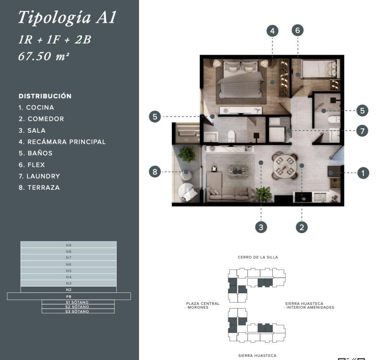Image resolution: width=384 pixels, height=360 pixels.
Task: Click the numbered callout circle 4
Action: tap(272, 31)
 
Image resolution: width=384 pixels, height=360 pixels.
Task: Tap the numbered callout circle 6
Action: tap(297, 30)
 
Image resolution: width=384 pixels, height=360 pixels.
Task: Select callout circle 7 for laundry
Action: tap(362, 131)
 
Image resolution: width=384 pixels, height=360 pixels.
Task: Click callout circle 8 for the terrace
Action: tap(155, 171)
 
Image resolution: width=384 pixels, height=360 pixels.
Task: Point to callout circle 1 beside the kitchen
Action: tap(363, 173)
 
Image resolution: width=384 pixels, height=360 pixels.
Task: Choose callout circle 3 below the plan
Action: tap(261, 227)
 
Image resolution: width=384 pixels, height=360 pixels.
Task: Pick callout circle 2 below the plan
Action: tap(302, 227)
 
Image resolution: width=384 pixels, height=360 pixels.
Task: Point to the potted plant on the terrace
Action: tap(186, 154)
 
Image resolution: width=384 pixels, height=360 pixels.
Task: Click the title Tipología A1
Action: tap(67, 17)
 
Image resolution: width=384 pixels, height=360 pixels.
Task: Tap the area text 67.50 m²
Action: tap(43, 56)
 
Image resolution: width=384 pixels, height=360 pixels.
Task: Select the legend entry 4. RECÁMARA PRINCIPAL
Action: tap(62, 142)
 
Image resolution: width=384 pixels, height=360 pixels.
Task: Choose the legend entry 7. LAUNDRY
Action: tap(39, 176)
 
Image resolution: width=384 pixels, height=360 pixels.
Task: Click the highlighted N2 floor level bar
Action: tap(69, 290)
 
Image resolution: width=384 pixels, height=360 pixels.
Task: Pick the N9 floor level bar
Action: tap(69, 245)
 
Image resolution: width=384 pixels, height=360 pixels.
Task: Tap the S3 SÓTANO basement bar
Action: tap(78, 311)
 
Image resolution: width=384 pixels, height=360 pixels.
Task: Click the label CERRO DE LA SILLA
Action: tap(258, 257)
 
